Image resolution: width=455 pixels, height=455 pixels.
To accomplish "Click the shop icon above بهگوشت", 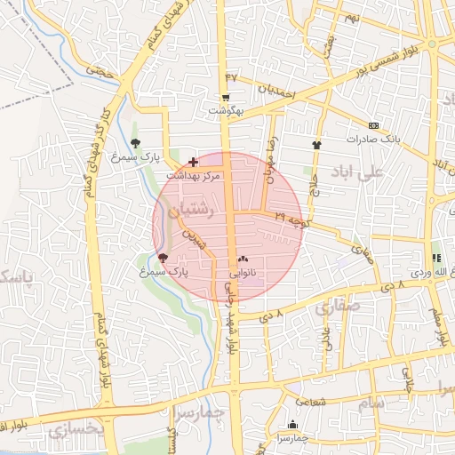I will (x=226, y=98).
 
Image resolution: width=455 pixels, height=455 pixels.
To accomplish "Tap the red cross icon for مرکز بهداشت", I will (x=194, y=163).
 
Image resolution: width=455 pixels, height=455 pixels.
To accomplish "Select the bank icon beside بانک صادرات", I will (x=373, y=125).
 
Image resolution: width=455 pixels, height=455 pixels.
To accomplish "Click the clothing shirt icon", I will (x=315, y=144).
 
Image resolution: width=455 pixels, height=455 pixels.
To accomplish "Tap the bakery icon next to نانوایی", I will (x=243, y=258).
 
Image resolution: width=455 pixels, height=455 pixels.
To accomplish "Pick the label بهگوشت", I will (x=226, y=111).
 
